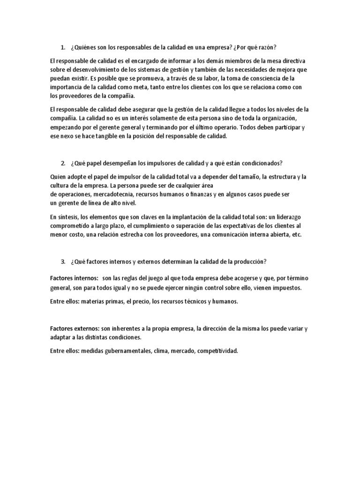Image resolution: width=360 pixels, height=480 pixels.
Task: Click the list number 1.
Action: point(62,47)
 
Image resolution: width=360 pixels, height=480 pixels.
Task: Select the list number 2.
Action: point(62,163)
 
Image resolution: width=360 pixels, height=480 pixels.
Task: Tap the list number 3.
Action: point(62,261)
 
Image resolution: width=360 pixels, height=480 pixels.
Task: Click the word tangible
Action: point(99,136)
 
